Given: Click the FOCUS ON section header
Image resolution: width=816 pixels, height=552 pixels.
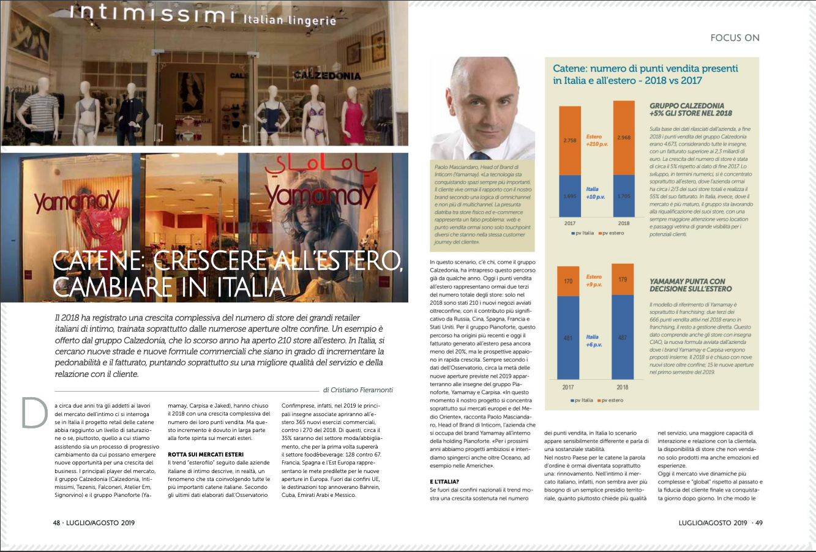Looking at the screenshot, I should tap(735, 38).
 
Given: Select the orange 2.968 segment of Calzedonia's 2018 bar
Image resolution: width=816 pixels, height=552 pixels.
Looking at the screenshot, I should tap(624, 137).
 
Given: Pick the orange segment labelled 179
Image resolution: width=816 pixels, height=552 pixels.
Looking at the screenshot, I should tap(623, 279).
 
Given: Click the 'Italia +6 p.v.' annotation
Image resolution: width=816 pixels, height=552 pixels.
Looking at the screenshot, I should tap(593, 341).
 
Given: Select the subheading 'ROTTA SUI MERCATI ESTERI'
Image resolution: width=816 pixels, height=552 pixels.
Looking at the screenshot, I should tap(206, 454).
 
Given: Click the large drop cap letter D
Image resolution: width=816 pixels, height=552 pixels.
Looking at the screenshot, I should tap(34, 413).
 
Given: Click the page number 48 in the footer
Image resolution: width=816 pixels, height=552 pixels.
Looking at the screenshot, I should tap(56, 523).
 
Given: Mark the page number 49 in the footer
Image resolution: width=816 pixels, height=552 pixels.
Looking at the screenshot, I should tap(758, 523).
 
